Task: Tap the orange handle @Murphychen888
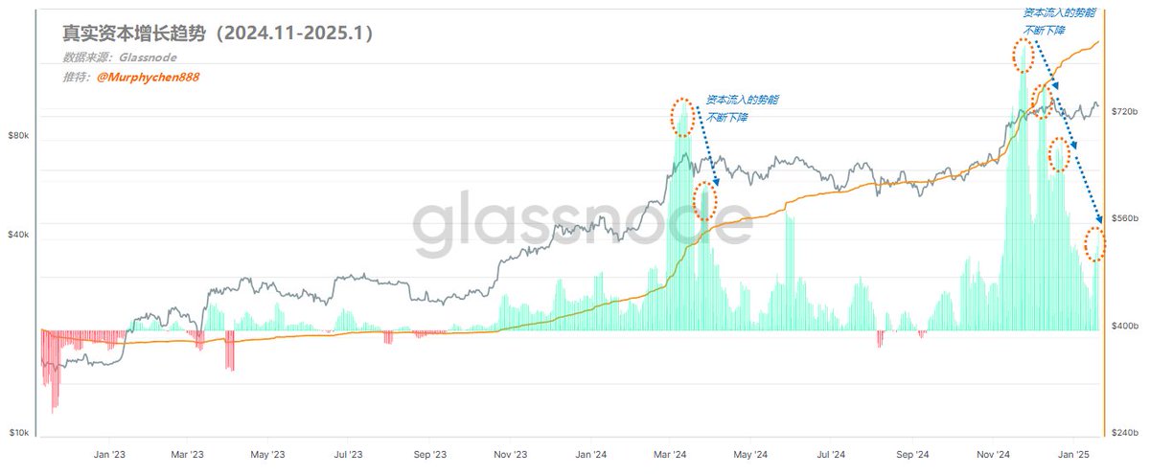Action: [149, 77]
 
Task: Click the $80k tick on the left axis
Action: [18, 136]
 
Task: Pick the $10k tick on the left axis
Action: [18, 433]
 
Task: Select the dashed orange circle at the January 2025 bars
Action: [1094, 244]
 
